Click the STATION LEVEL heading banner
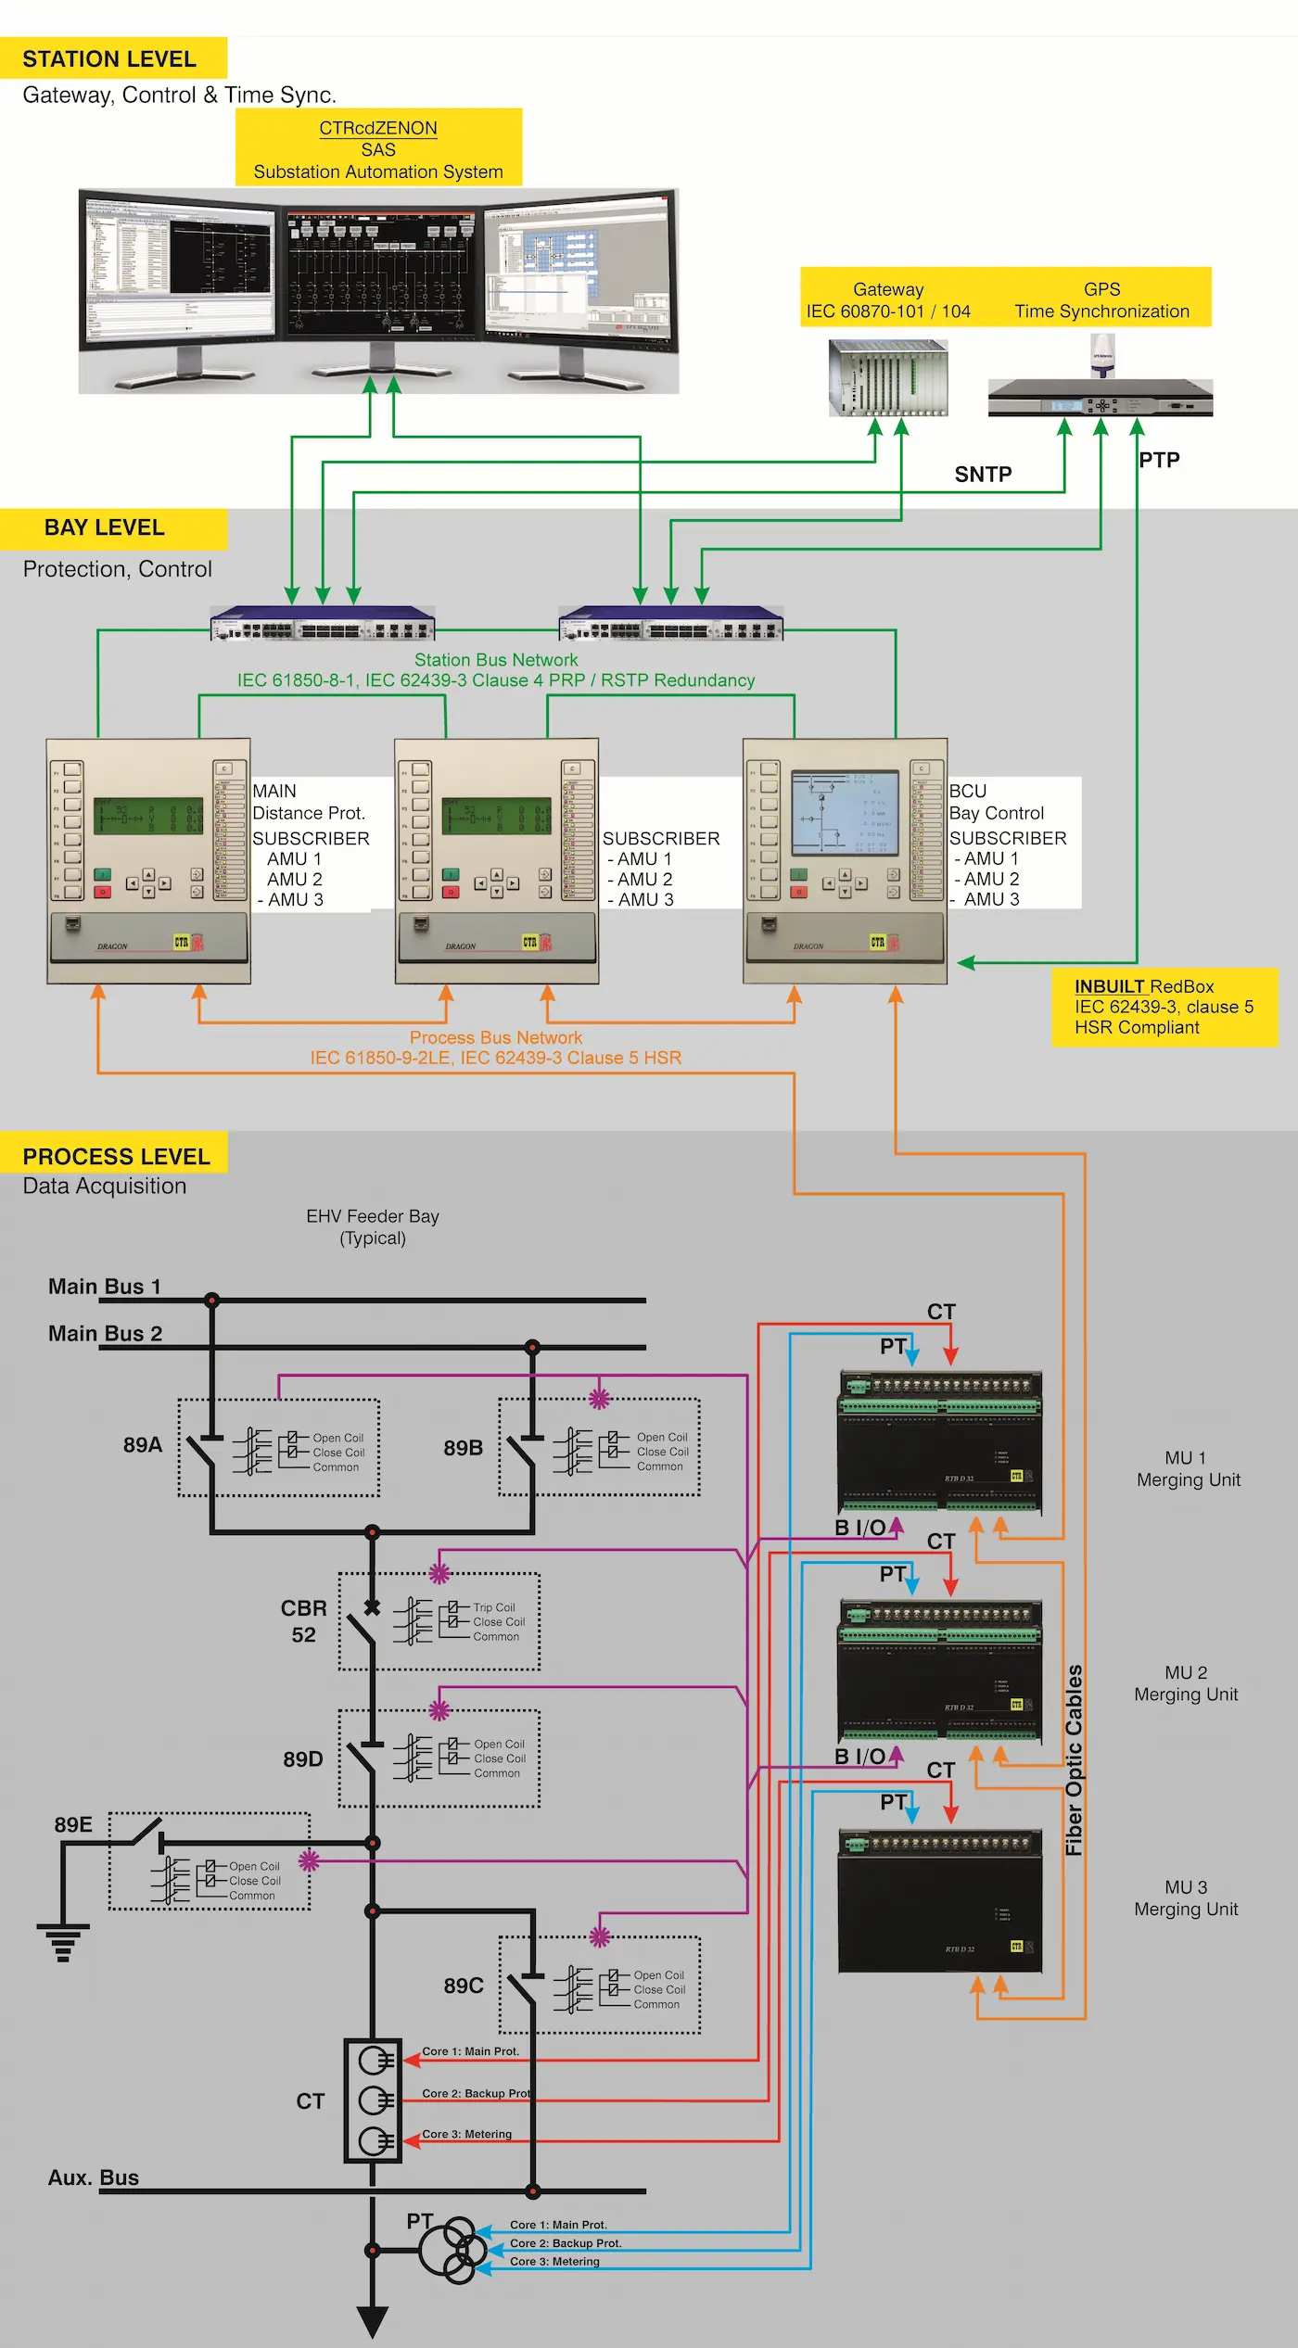[x=112, y=58]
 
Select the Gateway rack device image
[x=887, y=377]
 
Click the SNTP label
[x=983, y=475]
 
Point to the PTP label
[x=1159, y=460]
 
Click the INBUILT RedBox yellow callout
[x=1164, y=1007]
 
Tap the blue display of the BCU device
[x=845, y=813]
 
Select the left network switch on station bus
[x=323, y=624]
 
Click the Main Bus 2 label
[x=105, y=1333]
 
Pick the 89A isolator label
[x=142, y=1444]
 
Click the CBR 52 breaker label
[x=304, y=1620]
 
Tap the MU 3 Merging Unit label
[x=1186, y=1897]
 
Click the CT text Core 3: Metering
[x=466, y=2134]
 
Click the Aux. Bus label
[x=94, y=2177]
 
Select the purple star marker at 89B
[x=599, y=1399]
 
